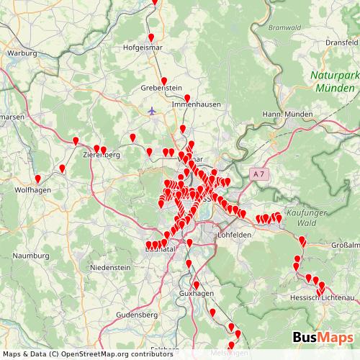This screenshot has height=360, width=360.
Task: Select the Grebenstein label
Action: click(x=162, y=88)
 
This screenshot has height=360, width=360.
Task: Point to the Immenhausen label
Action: click(x=189, y=104)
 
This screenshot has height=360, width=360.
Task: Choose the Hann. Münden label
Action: click(x=287, y=114)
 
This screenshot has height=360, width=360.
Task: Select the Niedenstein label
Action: click(x=110, y=267)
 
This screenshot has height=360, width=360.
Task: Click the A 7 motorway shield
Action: click(x=260, y=174)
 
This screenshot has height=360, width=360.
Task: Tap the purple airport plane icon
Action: click(x=151, y=111)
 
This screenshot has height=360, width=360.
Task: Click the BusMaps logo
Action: click(x=322, y=337)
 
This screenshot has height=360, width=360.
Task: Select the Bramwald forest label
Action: click(x=283, y=28)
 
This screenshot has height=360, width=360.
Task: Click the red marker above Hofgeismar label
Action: click(x=150, y=38)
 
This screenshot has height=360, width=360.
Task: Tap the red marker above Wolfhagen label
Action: click(x=38, y=179)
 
